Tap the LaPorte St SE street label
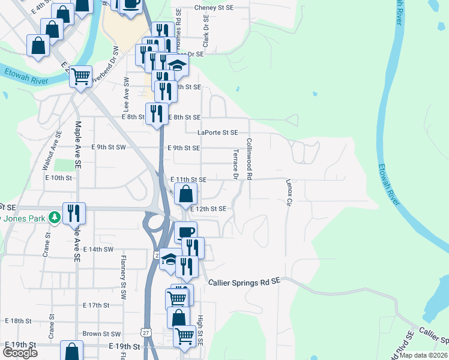(218, 132)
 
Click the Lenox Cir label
(288, 193)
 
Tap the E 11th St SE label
(188, 179)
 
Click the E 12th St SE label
(208, 209)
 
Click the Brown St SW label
(102, 334)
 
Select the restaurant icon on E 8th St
(156, 113)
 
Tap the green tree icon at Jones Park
(55, 217)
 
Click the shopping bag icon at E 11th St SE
(186, 193)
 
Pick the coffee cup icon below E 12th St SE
(185, 232)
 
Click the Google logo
(20, 352)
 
